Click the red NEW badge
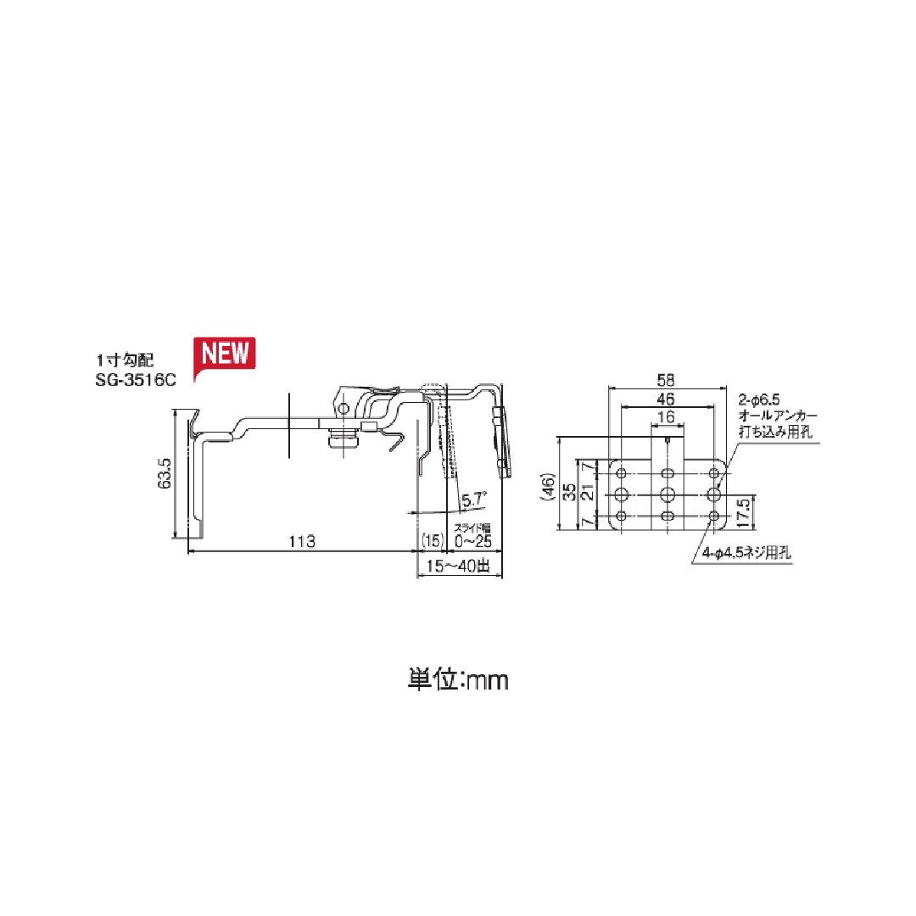point(225,354)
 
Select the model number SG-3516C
point(137,379)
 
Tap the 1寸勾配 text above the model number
point(125,360)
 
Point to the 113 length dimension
point(301,541)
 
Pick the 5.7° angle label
point(472,500)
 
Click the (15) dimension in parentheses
point(432,540)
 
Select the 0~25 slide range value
point(473,540)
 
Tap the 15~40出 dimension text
point(459,566)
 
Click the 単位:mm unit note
point(458,679)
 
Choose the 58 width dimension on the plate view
point(667,379)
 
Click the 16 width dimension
point(667,416)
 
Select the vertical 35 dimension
point(569,493)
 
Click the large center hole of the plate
point(667,494)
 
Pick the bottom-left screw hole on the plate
point(622,516)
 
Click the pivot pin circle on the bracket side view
point(343,409)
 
